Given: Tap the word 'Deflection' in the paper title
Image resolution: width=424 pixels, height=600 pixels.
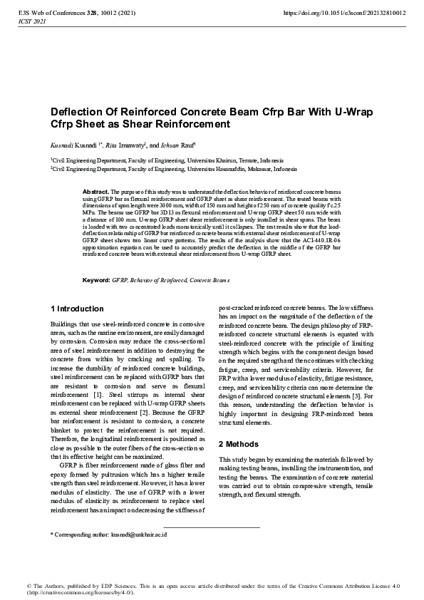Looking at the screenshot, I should [77, 113].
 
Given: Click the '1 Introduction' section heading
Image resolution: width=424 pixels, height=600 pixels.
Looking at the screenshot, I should [77, 309].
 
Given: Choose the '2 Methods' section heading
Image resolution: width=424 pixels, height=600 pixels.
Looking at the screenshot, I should [239, 444].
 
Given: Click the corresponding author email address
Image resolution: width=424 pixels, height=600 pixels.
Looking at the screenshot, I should [140, 534].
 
